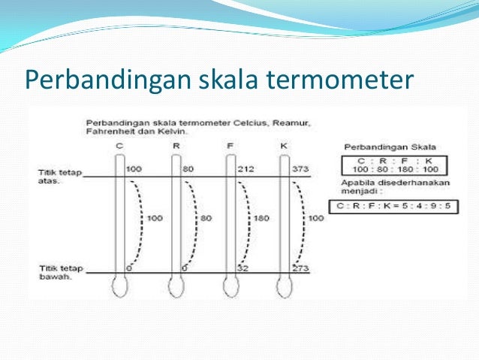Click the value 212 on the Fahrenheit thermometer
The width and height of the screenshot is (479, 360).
pyautogui.click(x=245, y=169)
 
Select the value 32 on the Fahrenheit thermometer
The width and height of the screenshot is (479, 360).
pyautogui.click(x=242, y=268)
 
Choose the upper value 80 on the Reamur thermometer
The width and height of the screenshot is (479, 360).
pyautogui.click(x=188, y=169)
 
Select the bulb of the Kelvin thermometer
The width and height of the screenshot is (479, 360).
pyautogui.click(x=285, y=286)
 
